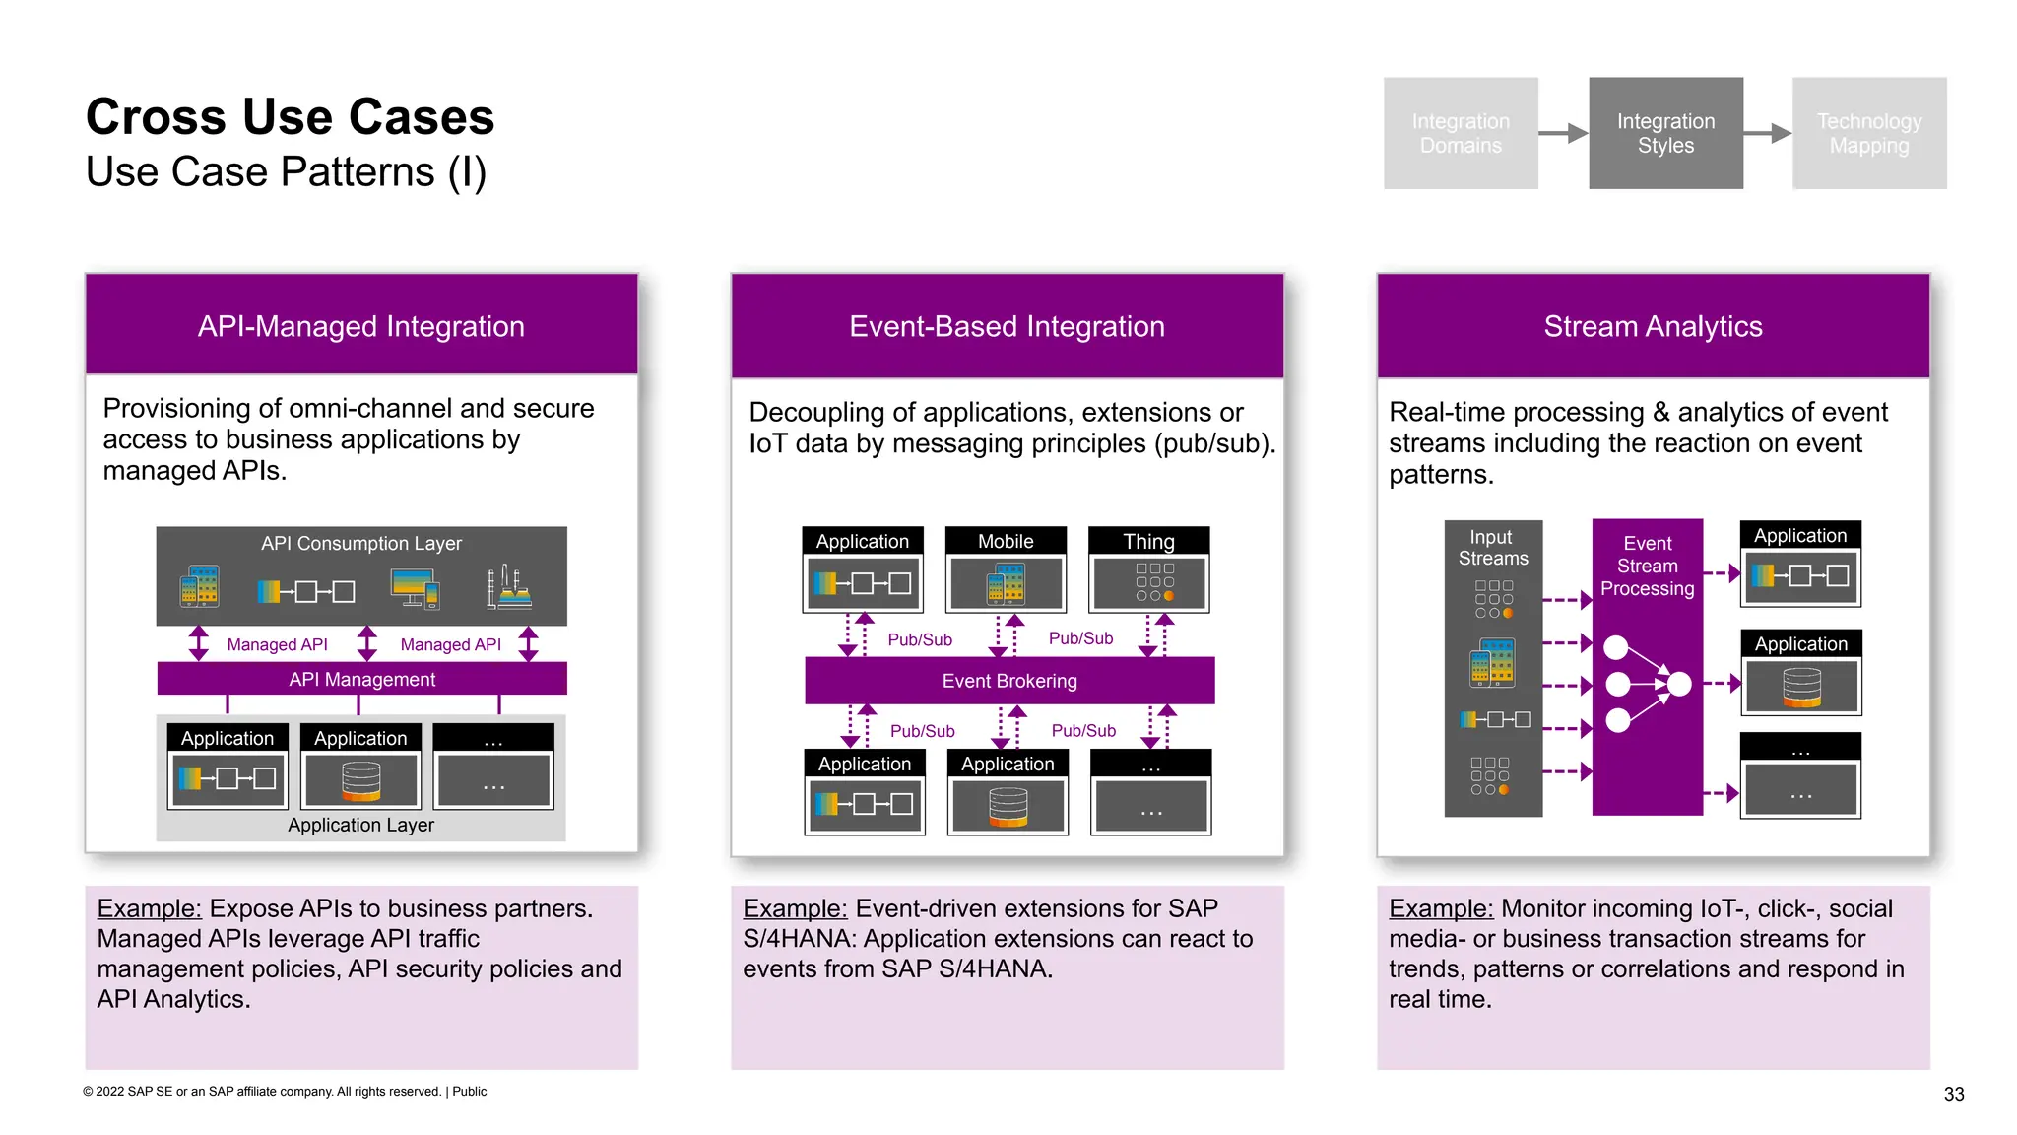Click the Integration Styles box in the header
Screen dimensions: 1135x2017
(1664, 133)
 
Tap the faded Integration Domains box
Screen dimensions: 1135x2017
(1460, 133)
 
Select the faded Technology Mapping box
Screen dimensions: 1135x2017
(1868, 133)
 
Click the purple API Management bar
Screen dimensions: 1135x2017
(361, 679)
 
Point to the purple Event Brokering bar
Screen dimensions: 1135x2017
(1008, 681)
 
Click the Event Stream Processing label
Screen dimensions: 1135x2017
(1647, 566)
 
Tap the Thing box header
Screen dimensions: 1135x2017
(1148, 541)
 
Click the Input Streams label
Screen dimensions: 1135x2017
(1492, 548)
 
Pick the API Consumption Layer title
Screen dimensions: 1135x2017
(360, 543)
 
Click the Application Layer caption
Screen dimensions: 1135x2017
(360, 825)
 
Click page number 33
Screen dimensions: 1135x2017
(1953, 1094)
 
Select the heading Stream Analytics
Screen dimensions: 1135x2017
(1653, 326)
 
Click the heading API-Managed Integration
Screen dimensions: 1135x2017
(360, 326)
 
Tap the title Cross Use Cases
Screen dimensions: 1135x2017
(290, 116)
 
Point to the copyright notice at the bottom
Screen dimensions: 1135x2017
(285, 1091)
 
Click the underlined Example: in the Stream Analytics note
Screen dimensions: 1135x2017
(1440, 908)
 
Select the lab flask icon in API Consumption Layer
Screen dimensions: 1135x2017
(508, 587)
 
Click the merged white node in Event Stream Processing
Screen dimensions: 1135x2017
(1679, 683)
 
